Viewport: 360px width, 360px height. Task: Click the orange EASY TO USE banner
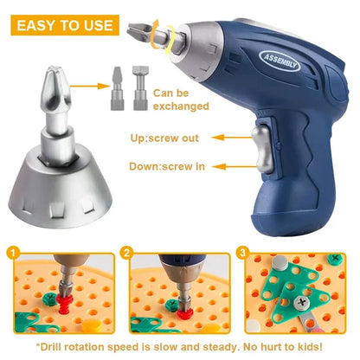(x=62, y=24)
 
